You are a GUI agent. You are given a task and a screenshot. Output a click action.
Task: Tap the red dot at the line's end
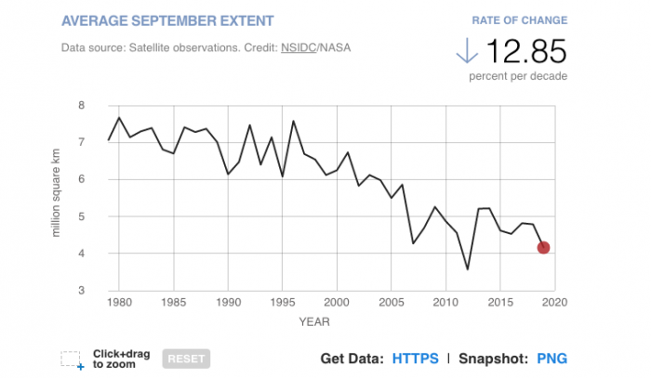coord(543,247)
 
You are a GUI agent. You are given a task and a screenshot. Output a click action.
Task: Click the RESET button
coord(186,358)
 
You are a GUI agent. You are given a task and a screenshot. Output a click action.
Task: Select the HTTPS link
coord(416,358)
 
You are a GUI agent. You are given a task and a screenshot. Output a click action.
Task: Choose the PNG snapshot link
coord(551,358)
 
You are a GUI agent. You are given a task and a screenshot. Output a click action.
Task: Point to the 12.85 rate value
coord(526,50)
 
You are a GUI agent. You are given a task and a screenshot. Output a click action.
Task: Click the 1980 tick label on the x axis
coord(119,303)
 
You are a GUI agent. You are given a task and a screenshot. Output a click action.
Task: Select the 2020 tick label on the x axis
coord(554,303)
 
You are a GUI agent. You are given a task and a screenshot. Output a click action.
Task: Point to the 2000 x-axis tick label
coord(337,303)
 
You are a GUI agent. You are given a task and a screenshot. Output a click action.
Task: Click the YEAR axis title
coord(313,322)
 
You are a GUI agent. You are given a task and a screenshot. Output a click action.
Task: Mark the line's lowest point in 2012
coord(468,269)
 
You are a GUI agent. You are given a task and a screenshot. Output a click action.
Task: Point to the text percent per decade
coord(518,75)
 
